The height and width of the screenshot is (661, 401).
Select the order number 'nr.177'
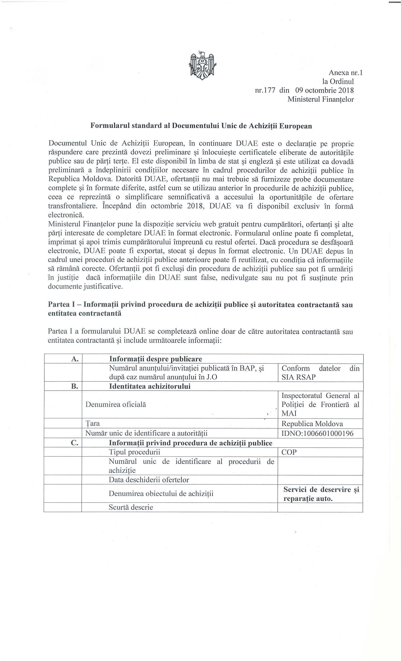265,90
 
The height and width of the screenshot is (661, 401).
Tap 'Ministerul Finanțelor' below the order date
321,99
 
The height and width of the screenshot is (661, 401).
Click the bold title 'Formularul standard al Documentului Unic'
201,126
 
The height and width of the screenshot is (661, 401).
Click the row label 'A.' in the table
75,359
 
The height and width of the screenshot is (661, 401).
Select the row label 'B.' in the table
75,386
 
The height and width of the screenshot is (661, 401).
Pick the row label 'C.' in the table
75,443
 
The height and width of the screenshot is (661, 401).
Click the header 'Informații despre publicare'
156,359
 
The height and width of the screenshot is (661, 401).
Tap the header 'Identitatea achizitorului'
150,386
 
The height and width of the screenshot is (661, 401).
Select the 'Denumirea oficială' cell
116,404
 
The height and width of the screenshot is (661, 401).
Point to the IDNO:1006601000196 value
317,433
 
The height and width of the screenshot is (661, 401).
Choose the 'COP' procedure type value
289,452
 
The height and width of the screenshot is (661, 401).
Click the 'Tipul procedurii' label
134,452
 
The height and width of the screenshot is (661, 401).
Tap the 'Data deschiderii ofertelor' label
149,480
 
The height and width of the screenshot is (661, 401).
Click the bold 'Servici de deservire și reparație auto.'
321,494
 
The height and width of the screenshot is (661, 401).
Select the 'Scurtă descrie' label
131,507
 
